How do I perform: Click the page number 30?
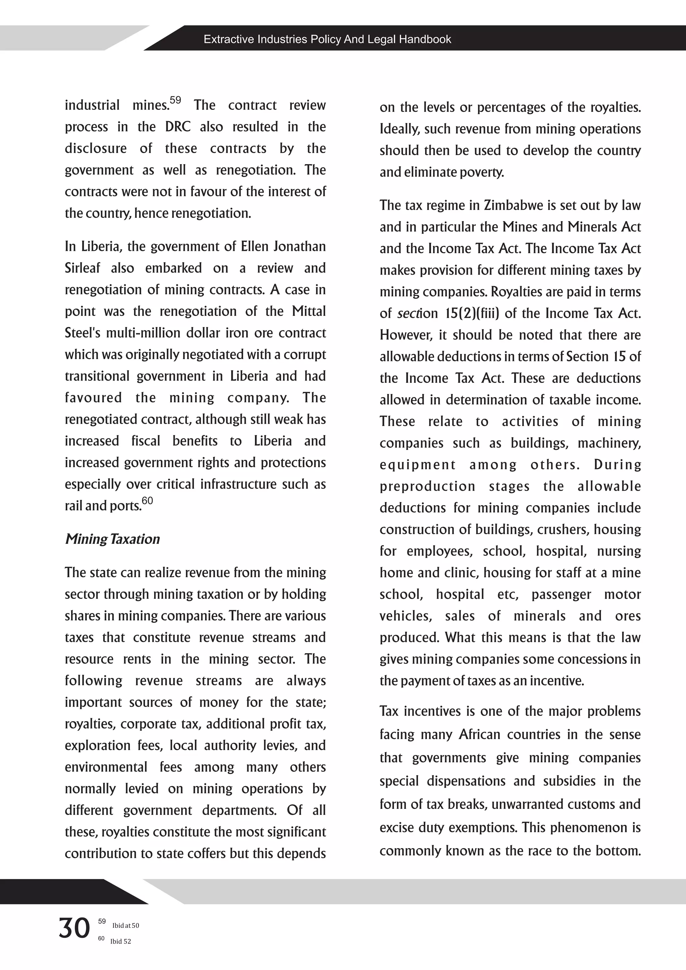[74, 928]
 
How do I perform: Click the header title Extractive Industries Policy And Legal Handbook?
[327, 39]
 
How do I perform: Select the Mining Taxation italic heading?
[112, 539]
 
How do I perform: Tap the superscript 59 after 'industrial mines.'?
[175, 100]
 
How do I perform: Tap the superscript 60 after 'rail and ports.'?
[147, 501]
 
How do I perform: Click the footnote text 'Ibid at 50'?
[126, 925]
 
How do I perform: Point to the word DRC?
[178, 127]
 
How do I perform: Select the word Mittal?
[309, 311]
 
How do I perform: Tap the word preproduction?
[427, 486]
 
